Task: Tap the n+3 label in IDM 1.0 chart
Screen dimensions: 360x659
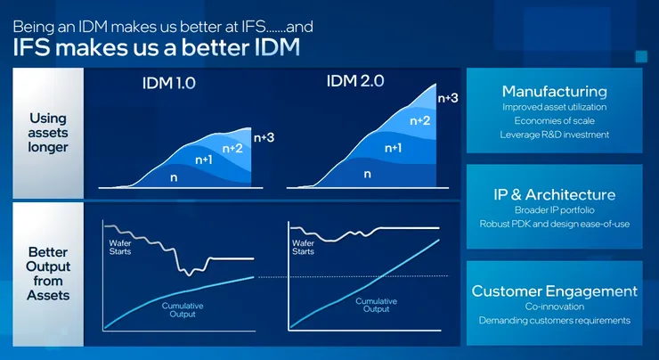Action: point(264,137)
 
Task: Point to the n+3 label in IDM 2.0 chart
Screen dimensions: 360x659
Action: point(448,97)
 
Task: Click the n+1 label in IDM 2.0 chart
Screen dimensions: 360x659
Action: point(393,146)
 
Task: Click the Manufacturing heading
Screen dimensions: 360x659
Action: point(554,92)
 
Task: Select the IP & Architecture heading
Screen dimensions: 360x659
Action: point(554,194)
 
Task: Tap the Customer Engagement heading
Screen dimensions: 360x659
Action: point(554,291)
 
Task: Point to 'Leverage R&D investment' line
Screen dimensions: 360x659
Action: point(554,135)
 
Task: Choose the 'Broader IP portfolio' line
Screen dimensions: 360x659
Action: point(554,210)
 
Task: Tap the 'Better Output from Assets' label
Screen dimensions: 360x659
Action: point(47,273)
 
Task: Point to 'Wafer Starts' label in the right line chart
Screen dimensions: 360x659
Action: point(304,246)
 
